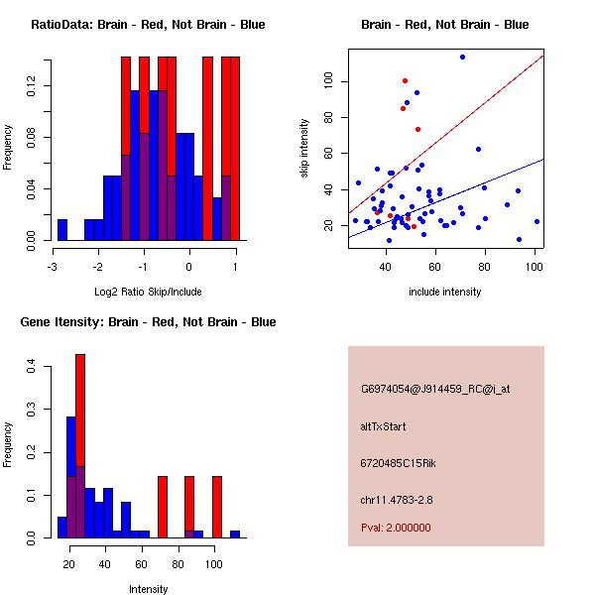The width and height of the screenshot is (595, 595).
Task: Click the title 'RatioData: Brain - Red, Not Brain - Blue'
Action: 147,25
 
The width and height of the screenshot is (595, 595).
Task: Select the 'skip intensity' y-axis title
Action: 304,149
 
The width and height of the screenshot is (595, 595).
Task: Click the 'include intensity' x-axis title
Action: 445,293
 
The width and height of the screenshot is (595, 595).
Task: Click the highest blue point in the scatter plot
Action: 462,58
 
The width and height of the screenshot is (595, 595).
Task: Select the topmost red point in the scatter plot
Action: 405,80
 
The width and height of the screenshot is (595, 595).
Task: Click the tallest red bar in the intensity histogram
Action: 80,446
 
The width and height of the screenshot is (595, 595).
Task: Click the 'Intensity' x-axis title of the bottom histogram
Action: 148,589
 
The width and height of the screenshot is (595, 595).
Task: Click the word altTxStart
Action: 383,426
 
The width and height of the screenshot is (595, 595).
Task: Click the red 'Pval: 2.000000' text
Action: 396,528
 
